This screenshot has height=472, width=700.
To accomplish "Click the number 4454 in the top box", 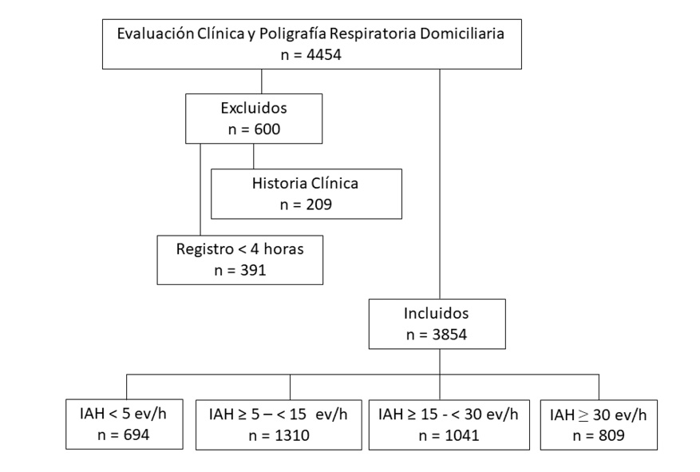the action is (324, 55).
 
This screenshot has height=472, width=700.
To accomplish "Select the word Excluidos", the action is (254, 108).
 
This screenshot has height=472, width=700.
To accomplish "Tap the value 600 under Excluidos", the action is (267, 129).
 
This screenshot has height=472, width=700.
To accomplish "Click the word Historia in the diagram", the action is (279, 184).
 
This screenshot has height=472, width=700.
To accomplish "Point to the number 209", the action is (318, 205).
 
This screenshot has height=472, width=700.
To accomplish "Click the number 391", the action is (253, 271).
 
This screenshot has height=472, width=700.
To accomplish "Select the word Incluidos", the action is (436, 314).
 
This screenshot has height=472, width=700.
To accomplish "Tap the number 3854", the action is (449, 335).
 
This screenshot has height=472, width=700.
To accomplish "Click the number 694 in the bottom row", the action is (136, 435).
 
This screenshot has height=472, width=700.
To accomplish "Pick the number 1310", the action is (292, 436).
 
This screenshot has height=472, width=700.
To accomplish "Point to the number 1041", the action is (461, 436).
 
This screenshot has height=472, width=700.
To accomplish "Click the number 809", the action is (611, 436).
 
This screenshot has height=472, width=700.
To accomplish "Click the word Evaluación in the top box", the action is (156, 34).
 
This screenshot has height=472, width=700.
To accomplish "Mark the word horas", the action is (283, 249).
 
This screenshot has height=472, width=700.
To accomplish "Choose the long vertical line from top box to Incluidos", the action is (440, 184).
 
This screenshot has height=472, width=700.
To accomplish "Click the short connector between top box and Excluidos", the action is (262, 81).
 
